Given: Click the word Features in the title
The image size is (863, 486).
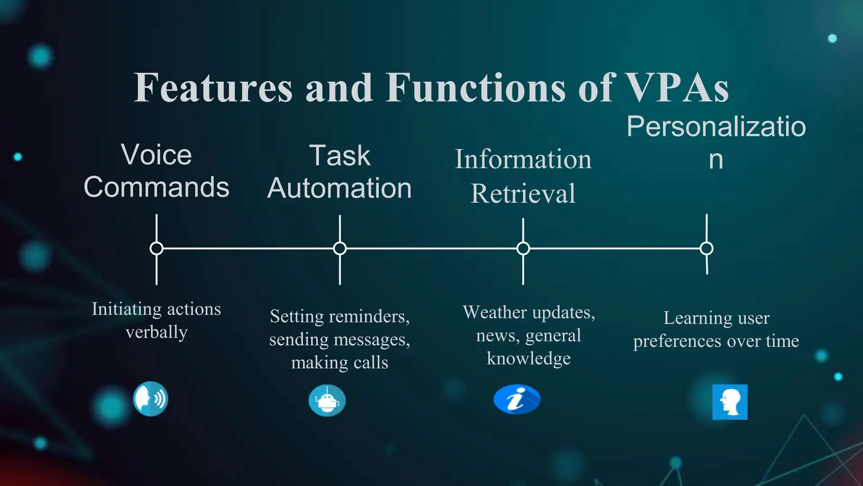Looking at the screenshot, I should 213,88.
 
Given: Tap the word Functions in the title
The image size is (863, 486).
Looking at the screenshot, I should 476,88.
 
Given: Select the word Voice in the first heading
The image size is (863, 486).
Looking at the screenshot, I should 156,155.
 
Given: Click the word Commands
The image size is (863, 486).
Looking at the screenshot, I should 156,187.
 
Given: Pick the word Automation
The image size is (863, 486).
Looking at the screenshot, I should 339,188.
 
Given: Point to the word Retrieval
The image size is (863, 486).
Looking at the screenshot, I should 523,194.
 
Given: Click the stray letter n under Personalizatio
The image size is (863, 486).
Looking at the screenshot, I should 716,159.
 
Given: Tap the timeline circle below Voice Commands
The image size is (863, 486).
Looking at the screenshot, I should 156,248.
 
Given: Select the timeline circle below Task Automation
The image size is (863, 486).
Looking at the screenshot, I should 340,248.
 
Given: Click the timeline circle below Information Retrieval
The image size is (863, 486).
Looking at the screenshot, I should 523,248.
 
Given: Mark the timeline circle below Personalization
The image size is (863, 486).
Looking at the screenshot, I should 707,248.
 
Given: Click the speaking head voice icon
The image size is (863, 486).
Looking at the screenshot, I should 150,399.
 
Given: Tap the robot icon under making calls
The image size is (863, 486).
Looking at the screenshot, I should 327,400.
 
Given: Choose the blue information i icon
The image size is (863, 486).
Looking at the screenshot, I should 517,399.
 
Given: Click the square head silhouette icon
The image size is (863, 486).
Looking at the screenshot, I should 730,402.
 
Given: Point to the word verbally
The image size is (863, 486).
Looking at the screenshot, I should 156,332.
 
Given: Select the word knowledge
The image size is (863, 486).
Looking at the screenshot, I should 528,359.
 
